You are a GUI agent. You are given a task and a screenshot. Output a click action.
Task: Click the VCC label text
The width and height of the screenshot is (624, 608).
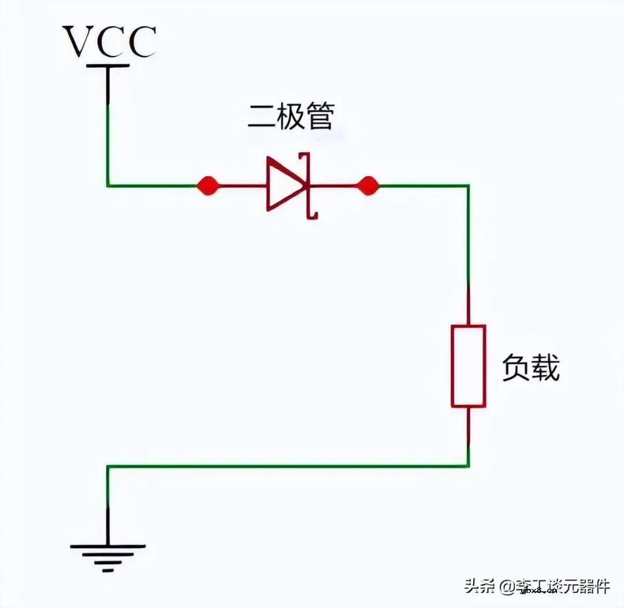(x=109, y=42)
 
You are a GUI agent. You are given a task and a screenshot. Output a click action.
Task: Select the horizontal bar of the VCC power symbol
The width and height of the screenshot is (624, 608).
(x=108, y=66)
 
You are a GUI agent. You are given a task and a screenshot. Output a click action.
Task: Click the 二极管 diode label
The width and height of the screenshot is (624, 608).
(x=290, y=117)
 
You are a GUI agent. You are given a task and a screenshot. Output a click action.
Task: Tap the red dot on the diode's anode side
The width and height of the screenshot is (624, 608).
(x=207, y=186)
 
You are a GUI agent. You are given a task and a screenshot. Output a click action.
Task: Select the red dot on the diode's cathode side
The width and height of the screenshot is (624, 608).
(x=367, y=186)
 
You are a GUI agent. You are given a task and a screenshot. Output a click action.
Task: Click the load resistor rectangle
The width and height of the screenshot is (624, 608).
(x=468, y=366)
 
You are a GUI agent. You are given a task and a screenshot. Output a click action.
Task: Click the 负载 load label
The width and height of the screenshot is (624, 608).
(x=530, y=368)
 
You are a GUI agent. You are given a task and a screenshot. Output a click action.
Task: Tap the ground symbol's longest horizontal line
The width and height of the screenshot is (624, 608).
(x=108, y=546)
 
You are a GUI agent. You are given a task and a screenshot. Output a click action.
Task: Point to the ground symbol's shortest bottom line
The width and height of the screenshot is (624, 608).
(x=108, y=570)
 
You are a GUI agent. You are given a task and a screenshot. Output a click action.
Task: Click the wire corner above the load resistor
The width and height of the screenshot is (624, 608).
(x=468, y=186)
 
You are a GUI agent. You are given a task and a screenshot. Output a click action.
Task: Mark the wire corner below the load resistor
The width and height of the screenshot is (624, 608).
(x=468, y=466)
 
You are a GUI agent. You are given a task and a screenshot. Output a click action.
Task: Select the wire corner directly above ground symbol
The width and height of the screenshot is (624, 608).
(x=108, y=466)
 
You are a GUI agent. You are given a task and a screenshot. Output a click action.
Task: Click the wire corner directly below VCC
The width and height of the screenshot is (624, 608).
(x=108, y=186)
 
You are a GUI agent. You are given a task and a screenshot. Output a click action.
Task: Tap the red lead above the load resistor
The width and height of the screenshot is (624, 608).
(x=468, y=306)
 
